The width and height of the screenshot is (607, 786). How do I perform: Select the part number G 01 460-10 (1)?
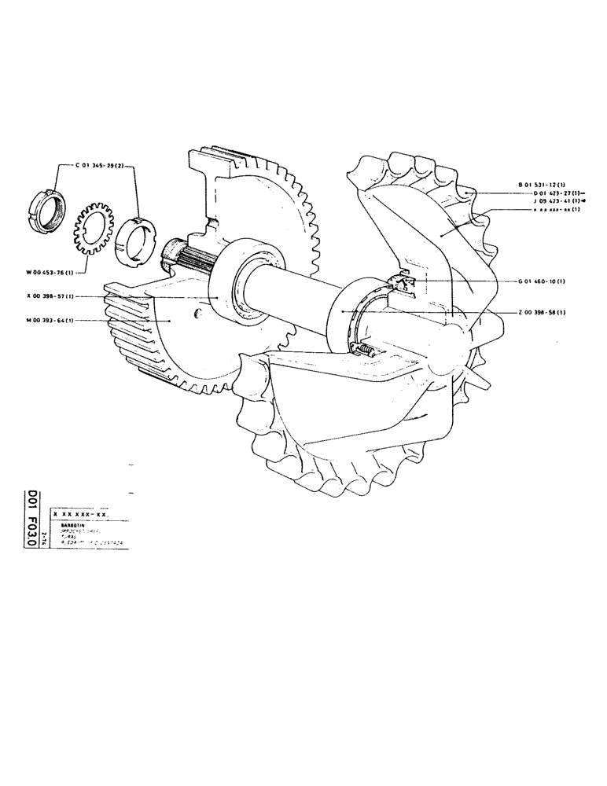click(x=542, y=281)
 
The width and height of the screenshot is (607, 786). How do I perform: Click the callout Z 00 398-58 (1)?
click(x=542, y=312)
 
